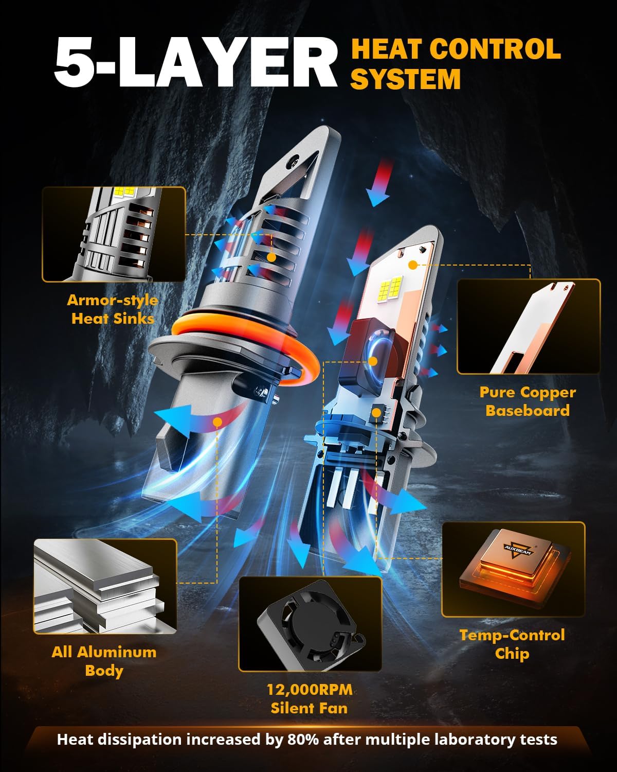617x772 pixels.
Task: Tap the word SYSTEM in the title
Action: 406,79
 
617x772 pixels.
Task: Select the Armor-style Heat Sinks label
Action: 113,309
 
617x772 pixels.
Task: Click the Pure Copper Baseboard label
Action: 528,401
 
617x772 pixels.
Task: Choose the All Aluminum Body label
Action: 104,661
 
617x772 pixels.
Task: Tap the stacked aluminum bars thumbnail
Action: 105,587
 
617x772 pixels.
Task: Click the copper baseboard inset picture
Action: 529,327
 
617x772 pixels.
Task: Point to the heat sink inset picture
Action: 114,234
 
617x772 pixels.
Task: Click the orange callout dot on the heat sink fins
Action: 271,257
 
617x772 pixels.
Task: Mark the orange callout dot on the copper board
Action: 413,265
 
